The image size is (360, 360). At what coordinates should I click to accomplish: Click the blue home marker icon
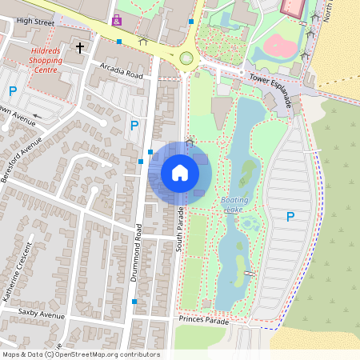[179, 173]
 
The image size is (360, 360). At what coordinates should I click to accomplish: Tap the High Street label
[34, 22]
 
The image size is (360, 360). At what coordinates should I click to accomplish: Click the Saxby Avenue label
[41, 315]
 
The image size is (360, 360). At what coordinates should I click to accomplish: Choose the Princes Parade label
[205, 321]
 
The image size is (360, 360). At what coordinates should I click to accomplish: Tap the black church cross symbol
[79, 48]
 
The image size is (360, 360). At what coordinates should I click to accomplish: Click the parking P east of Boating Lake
[290, 217]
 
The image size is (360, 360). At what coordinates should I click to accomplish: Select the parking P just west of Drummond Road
[134, 126]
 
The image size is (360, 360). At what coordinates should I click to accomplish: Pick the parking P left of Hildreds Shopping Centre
[12, 92]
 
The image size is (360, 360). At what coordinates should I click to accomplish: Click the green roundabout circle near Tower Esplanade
[186, 58]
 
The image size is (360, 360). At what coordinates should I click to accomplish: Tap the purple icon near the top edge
[118, 19]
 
